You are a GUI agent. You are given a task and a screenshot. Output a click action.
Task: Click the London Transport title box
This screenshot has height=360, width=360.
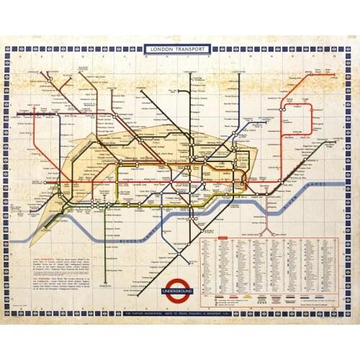point(177,49)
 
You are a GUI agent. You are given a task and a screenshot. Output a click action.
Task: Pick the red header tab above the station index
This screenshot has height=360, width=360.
point(223,238)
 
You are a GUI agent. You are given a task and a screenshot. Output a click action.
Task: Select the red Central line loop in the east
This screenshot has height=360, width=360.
point(299,122)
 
